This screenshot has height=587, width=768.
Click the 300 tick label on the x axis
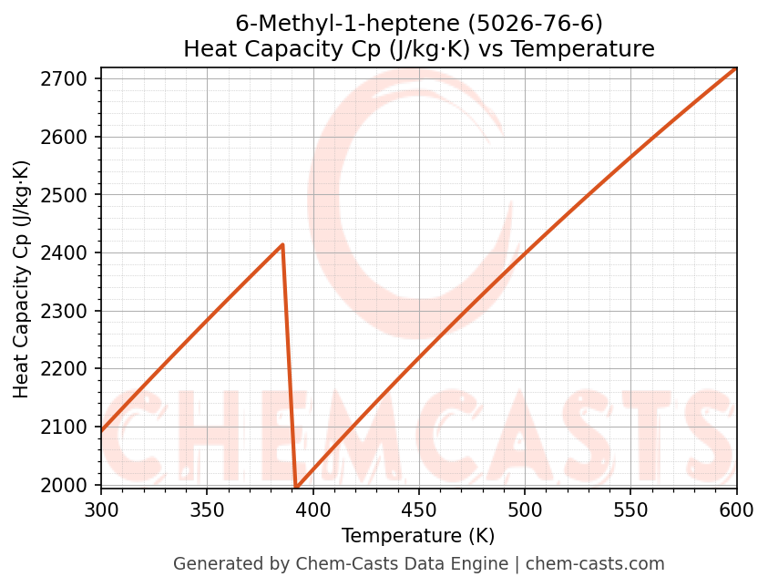point(101,510)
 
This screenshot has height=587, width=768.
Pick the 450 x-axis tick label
point(419,510)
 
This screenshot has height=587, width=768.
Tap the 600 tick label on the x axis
point(736,510)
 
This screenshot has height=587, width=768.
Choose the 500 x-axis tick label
point(525,510)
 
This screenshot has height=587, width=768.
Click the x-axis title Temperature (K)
point(418,536)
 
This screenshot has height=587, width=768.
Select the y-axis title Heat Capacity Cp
point(22,279)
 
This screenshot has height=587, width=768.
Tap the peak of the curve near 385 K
point(282,244)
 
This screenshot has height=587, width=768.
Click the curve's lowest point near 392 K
point(296,487)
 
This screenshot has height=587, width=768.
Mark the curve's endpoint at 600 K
point(736,68)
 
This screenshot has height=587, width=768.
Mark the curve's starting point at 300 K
point(101,431)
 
